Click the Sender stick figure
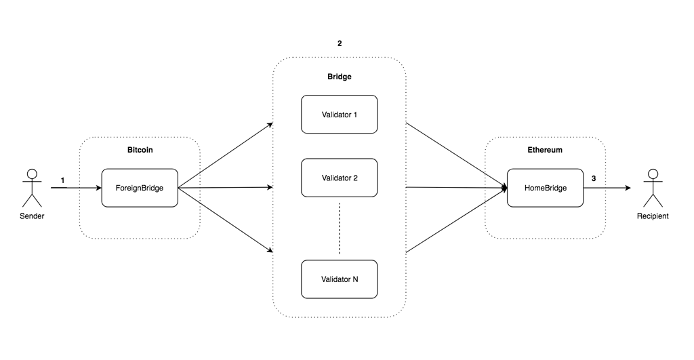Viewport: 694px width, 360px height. click(x=30, y=188)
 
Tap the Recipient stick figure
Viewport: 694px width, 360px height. click(x=652, y=188)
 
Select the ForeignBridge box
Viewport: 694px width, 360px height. click(x=140, y=188)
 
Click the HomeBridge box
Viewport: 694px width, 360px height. click(x=545, y=188)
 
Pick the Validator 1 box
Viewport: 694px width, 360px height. click(x=339, y=114)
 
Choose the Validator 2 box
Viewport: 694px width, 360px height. click(x=339, y=178)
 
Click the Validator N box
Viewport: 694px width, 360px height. click(x=339, y=278)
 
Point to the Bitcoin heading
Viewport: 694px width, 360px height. click(x=140, y=149)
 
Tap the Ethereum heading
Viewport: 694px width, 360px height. click(x=545, y=149)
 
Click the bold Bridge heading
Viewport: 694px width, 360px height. click(x=339, y=77)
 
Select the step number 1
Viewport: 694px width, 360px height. click(x=63, y=180)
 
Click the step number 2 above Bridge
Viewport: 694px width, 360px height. click(x=339, y=43)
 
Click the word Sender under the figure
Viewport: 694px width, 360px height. click(x=30, y=216)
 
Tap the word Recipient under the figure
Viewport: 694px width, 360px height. click(x=652, y=216)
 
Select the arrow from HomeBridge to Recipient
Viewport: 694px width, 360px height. click(x=607, y=188)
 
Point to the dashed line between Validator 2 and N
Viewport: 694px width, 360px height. click(x=339, y=228)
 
